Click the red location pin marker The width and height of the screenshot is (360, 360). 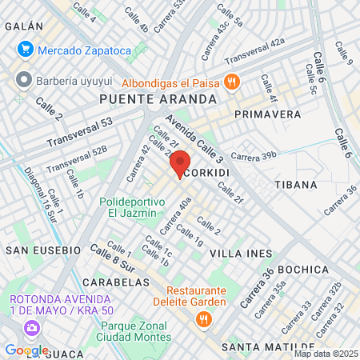[181, 162]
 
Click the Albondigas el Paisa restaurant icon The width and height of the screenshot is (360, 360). [231, 81]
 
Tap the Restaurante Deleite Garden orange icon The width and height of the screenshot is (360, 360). [202, 319]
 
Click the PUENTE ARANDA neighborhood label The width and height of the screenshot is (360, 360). [158, 98]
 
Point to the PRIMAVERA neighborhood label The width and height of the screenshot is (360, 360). [268, 114]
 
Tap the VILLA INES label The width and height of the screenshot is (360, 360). [237, 253]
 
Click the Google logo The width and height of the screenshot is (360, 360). [26, 350]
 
